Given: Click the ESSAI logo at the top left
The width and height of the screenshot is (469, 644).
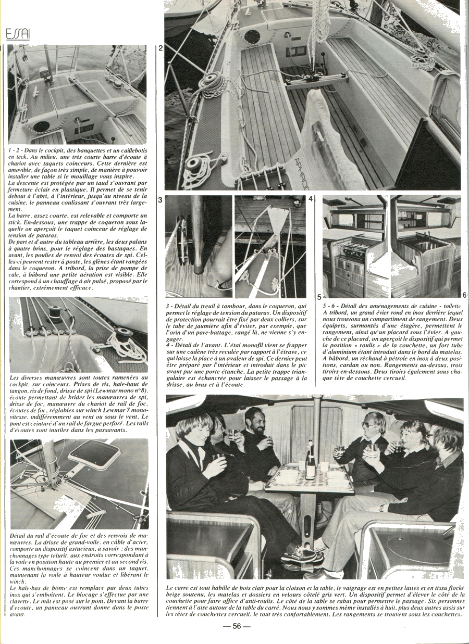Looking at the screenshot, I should click(x=18, y=34).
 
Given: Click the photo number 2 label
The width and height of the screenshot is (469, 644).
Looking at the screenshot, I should click(x=161, y=48).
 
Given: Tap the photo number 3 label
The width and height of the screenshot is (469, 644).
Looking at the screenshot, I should click(x=161, y=199).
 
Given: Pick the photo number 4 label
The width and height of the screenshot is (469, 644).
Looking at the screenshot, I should click(x=311, y=199).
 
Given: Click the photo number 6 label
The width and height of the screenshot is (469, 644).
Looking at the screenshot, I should click(x=464, y=295).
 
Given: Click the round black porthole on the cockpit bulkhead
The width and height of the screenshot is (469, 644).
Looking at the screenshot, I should click(x=252, y=36).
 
